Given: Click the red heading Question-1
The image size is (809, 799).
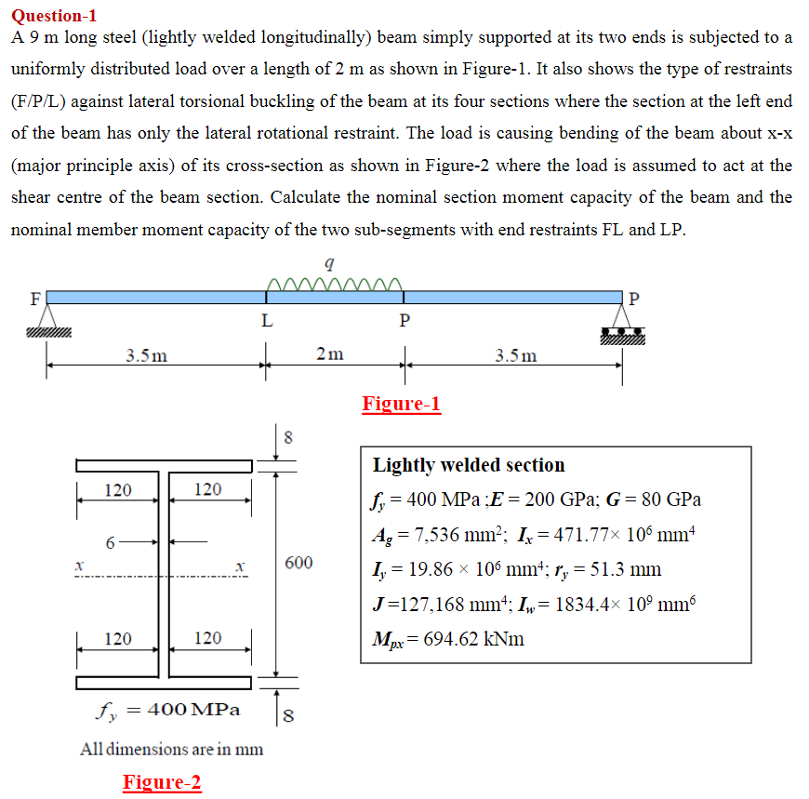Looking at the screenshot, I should [54, 15].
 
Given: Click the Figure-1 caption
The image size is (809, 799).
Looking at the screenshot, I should [401, 404].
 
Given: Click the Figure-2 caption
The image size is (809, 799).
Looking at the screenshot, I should [162, 782].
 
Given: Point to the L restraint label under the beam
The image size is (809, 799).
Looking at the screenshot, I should [267, 322].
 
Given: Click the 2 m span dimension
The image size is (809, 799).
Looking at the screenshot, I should [329, 354].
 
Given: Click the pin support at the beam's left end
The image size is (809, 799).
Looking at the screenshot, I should [48, 321].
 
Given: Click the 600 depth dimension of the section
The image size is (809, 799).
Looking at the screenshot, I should [298, 563].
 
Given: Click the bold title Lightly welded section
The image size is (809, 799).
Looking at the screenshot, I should [469, 465].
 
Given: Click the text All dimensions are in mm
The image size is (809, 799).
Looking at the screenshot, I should [171, 748].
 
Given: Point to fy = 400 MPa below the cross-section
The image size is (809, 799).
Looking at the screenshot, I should [168, 710].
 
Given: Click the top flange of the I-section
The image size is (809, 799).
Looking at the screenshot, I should [165, 465].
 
